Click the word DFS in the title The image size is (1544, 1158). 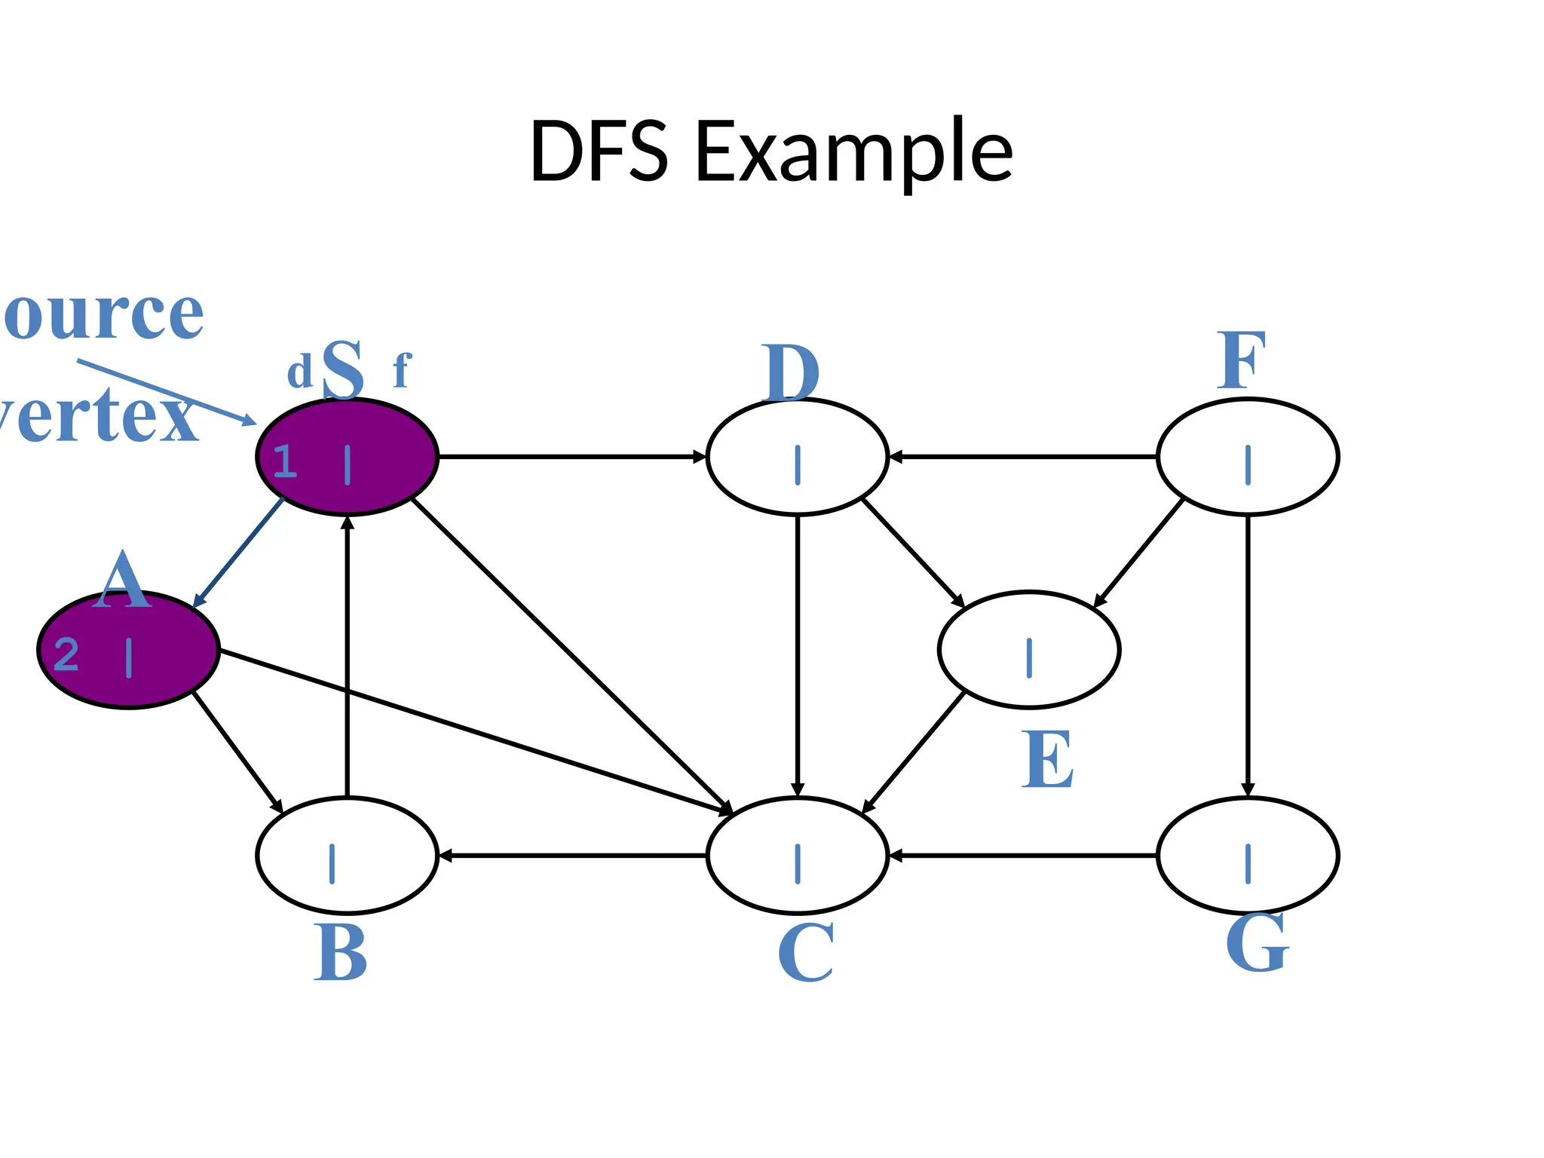coord(599,152)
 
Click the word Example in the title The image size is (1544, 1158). coord(853,155)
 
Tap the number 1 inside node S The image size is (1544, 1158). coord(285,461)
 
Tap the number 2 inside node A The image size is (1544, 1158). coord(66,654)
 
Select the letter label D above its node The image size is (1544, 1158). coord(790,374)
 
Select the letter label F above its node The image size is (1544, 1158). coord(1241,363)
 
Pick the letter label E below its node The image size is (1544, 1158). coord(1047,760)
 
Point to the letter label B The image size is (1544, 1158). coord(340,953)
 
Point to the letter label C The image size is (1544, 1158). coord(805,953)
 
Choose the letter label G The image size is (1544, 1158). coord(1257,943)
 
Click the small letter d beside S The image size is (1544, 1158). coord(299,372)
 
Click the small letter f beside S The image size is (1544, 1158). coord(401,371)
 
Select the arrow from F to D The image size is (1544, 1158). coord(1022,457)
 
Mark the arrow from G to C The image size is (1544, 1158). coord(1022,856)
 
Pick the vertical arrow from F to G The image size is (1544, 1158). coord(1248,656)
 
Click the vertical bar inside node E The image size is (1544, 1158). coord(1029,657)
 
